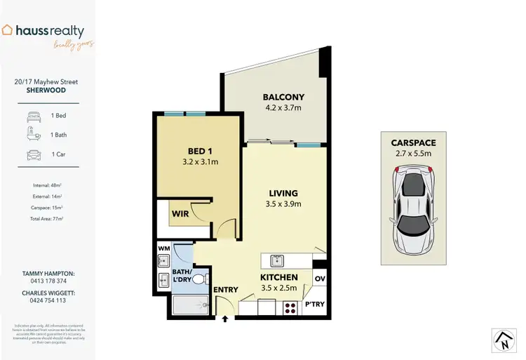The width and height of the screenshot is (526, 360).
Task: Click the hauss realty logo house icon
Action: (8, 30)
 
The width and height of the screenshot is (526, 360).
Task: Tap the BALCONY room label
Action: (283, 97)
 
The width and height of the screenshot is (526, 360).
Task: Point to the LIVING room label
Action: (283, 193)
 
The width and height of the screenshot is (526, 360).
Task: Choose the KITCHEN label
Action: (278, 277)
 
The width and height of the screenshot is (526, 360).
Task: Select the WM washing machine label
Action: (163, 248)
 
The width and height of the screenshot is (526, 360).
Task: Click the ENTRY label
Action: (225, 289)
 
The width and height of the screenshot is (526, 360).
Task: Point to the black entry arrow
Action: (225, 318)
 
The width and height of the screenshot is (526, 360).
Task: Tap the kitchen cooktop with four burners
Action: (290, 307)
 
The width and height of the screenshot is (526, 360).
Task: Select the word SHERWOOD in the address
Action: (46, 91)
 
